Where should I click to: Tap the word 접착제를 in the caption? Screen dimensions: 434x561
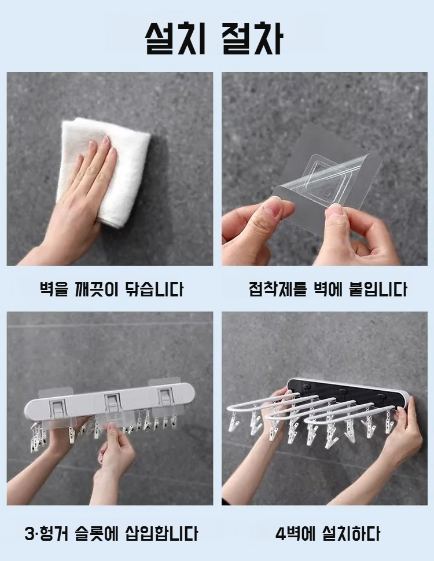[278, 289]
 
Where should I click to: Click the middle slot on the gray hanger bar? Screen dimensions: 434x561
[112, 402]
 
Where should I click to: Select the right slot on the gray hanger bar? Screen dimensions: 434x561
[165, 396]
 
